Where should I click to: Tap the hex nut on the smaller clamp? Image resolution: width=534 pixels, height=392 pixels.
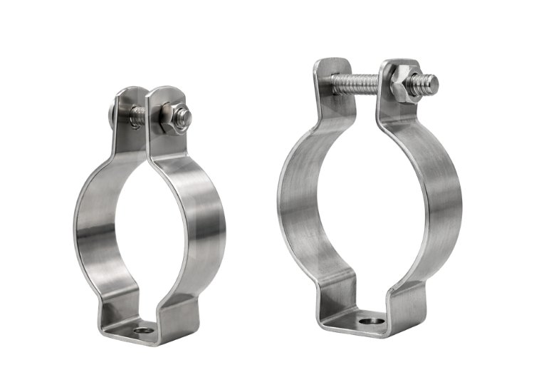pos(171,117)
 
